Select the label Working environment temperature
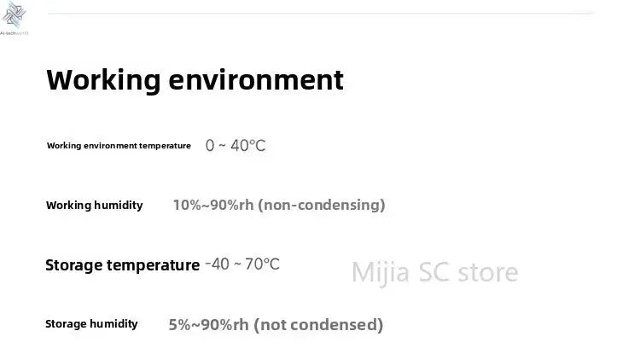click(x=119, y=146)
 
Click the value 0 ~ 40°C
click(x=236, y=146)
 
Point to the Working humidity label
click(x=94, y=206)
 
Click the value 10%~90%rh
click(x=213, y=205)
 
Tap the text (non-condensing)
click(x=321, y=205)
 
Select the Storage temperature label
click(x=122, y=265)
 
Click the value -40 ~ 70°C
click(x=242, y=264)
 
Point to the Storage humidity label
click(x=91, y=324)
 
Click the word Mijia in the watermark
click(x=381, y=272)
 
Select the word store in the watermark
click(x=488, y=272)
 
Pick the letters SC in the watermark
click(x=435, y=272)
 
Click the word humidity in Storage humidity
click(x=114, y=324)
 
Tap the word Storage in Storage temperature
click(x=75, y=265)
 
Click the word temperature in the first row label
click(x=165, y=146)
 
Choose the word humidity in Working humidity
click(x=118, y=206)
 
